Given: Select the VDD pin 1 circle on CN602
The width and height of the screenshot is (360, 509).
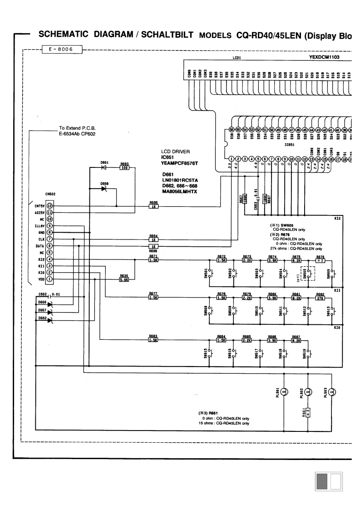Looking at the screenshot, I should (x=50, y=279).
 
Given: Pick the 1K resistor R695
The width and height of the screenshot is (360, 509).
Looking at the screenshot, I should (x=153, y=206).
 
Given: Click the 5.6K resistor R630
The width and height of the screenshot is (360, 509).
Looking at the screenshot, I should (x=124, y=279).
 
